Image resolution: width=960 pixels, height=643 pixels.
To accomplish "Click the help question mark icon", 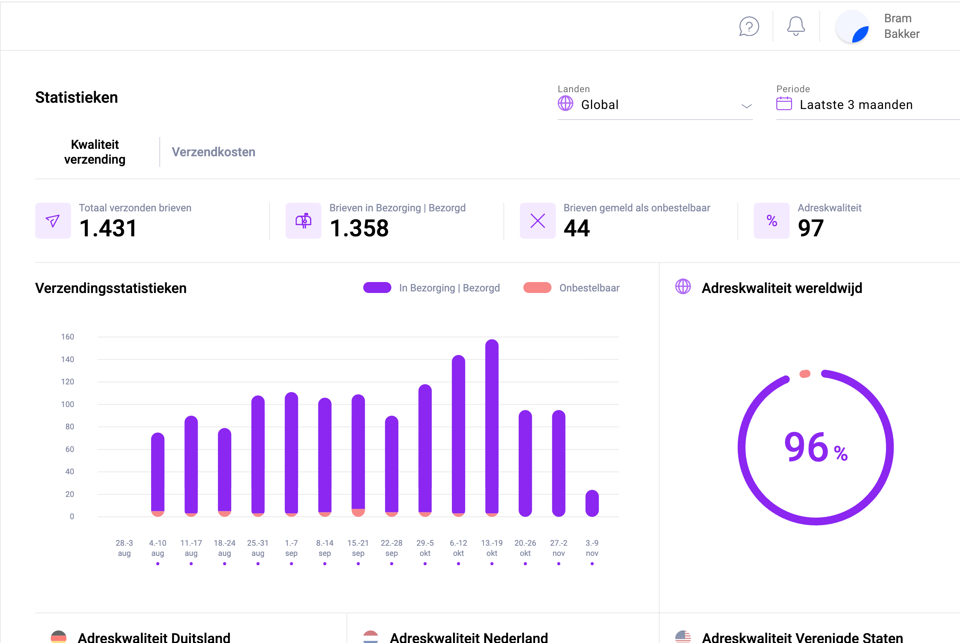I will (748, 27).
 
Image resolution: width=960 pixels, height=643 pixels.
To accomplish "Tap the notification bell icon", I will (795, 26).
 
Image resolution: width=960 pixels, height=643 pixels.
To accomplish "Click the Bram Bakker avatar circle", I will (852, 27).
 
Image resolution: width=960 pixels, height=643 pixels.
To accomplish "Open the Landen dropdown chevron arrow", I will (746, 106).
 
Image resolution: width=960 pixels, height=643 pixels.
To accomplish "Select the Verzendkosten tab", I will (213, 152).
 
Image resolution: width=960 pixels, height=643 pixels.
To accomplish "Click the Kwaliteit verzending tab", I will (95, 152).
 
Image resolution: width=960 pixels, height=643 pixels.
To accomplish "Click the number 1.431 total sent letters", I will (108, 229).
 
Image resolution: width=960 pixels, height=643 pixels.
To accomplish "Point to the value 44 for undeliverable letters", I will (576, 229).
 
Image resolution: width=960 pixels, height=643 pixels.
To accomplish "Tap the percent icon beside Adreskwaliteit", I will (771, 221).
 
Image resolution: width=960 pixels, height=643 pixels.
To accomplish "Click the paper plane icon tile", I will (53, 221).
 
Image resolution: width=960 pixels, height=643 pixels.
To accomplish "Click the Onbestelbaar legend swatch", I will (537, 288).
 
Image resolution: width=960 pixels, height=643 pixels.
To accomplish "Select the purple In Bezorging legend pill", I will (377, 288).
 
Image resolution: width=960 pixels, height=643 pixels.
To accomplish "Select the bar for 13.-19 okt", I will (491, 427).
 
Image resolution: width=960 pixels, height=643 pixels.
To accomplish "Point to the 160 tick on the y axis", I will (68, 337).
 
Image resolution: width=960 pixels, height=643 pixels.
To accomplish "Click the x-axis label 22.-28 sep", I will (391, 548).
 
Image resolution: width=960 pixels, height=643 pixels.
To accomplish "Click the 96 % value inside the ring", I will (814, 447).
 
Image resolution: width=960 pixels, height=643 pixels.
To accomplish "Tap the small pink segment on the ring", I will (805, 373).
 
